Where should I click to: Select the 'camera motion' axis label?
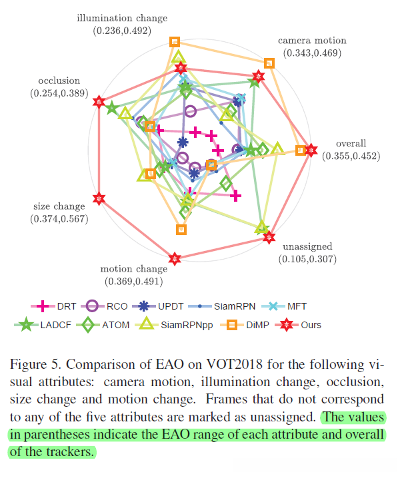pyautogui.click(x=312, y=41)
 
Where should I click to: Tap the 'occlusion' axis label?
pyautogui.click(x=59, y=81)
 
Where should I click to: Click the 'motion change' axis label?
pyautogui.click(x=134, y=270)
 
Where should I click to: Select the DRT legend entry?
pyautogui.click(x=57, y=306)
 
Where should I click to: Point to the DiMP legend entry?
pyautogui.click(x=248, y=325)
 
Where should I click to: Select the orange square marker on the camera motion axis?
pyautogui.click(x=269, y=63)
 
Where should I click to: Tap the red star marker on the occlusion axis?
pyautogui.click(x=99, y=102)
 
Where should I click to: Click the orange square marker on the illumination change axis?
pyautogui.click(x=175, y=42)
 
